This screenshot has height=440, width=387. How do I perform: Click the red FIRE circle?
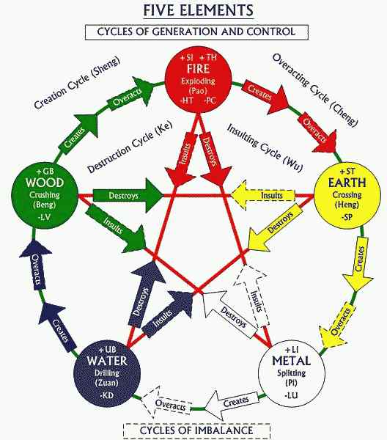click(x=199, y=80)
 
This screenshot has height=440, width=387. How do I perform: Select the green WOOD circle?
click(x=45, y=195)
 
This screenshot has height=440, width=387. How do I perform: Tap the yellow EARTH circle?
click(x=347, y=195)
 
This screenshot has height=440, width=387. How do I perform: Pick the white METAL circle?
click(x=292, y=373)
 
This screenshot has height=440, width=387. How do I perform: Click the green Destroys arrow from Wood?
click(x=128, y=195)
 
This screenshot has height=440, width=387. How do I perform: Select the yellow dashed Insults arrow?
click(x=262, y=195)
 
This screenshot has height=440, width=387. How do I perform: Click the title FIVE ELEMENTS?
click(x=199, y=11)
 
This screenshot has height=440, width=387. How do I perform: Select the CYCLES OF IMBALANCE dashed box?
click(x=196, y=430)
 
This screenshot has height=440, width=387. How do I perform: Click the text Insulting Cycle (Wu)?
click(x=265, y=147)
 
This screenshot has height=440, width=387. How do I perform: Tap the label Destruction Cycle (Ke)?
click(x=130, y=147)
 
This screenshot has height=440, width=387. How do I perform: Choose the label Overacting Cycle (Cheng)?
click(x=315, y=89)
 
